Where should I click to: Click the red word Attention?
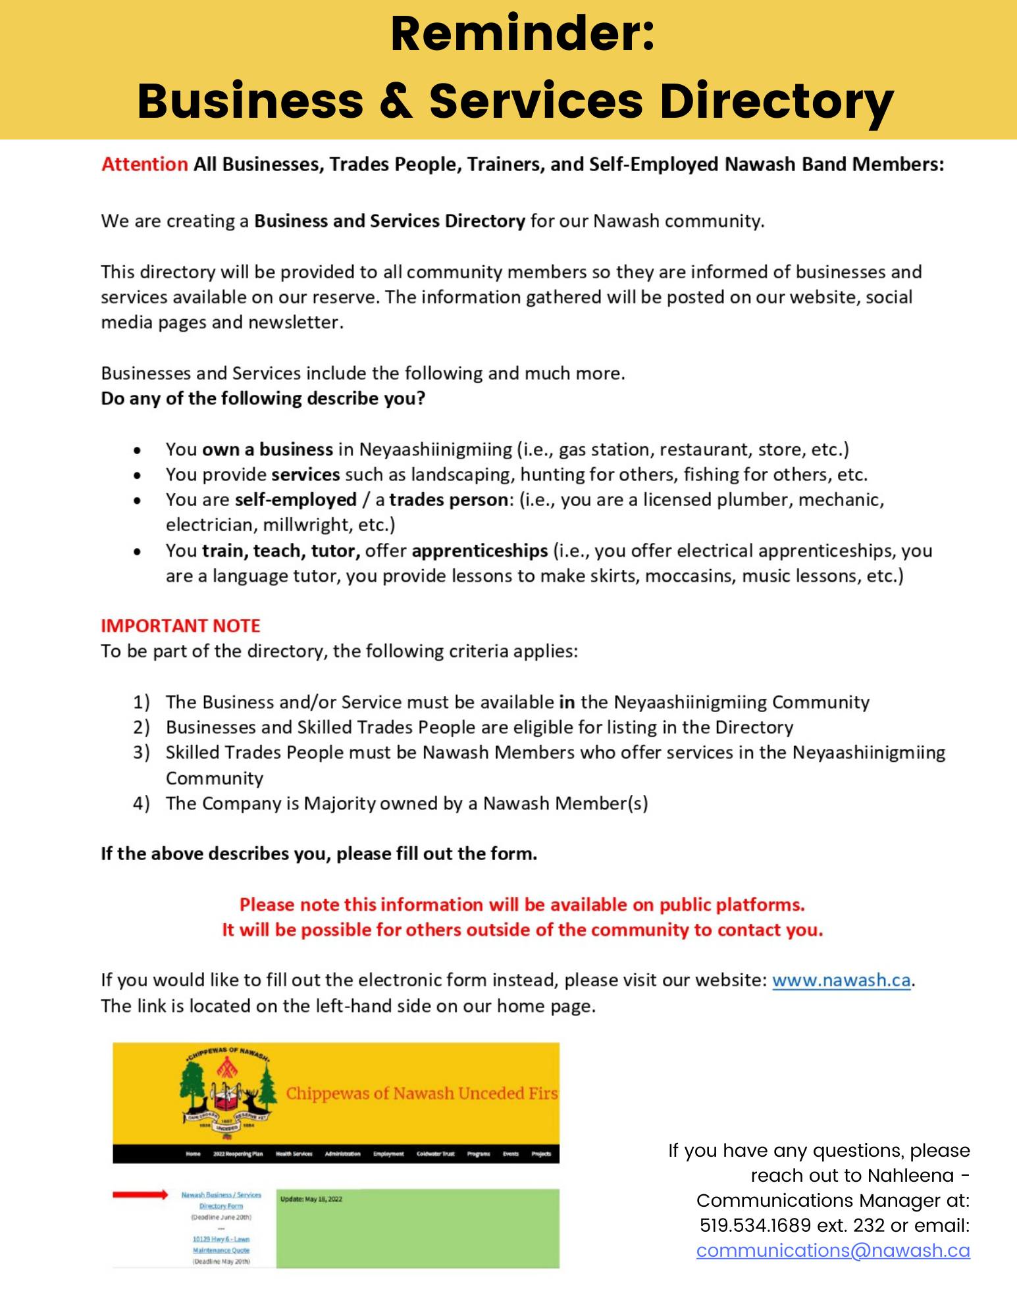[145, 164]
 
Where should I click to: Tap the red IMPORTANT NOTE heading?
[180, 626]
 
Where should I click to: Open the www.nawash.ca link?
[841, 980]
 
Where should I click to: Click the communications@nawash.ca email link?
[833, 1250]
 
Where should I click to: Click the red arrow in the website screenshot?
[140, 1194]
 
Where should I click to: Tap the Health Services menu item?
[294, 1153]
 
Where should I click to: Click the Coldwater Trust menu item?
[435, 1153]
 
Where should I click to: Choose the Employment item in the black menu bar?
[388, 1153]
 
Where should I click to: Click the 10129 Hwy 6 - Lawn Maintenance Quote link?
[221, 1244]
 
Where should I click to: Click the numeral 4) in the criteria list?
[142, 803]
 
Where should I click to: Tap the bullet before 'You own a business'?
[137, 451]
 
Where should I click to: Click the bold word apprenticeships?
[479, 551]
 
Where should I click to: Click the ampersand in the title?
[396, 102]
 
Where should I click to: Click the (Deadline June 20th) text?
[221, 1217]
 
